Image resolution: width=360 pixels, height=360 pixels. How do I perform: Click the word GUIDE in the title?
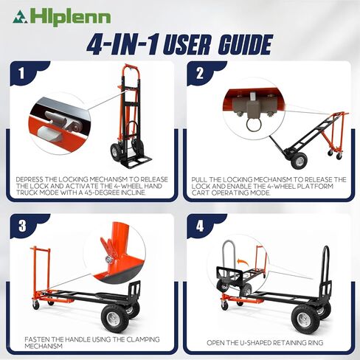click(236, 44)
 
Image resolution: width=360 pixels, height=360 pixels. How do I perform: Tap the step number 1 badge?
click(23, 74)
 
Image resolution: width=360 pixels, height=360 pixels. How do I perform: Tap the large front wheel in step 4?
click(305, 317)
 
